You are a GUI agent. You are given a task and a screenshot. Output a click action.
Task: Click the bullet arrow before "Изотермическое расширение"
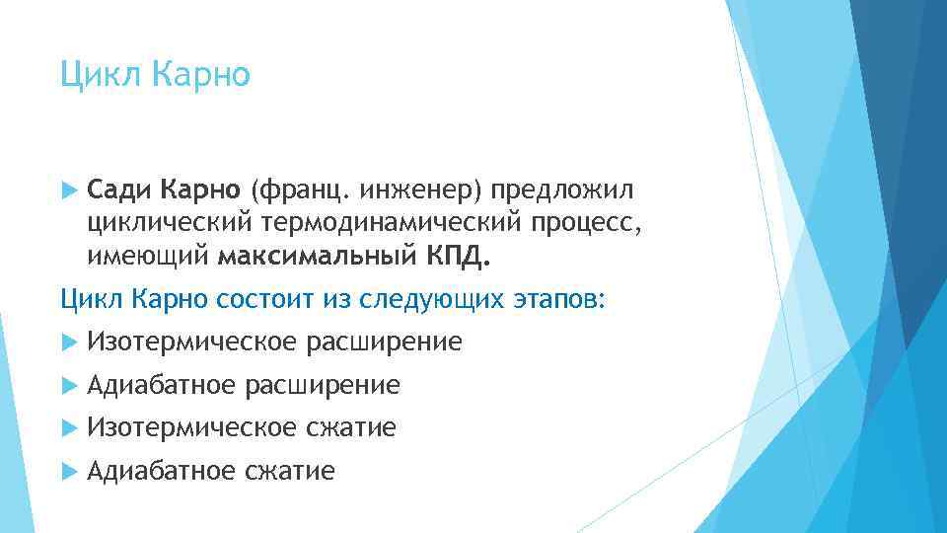point(67,343)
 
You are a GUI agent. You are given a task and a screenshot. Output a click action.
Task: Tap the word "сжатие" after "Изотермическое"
point(351,427)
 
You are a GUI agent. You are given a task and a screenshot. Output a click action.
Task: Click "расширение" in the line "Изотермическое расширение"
point(384,343)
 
